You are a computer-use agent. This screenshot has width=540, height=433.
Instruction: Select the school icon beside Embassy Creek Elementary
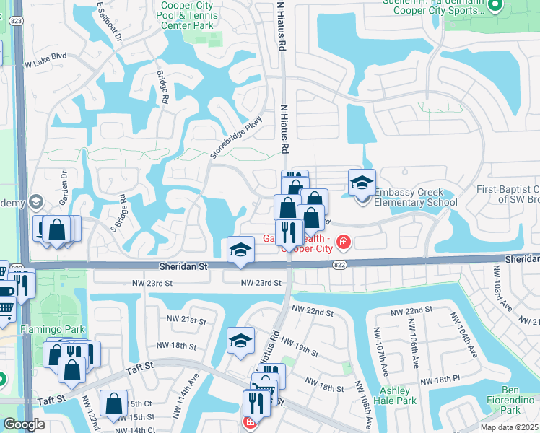click(362, 183)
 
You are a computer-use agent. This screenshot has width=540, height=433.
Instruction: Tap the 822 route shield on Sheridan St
click(339, 266)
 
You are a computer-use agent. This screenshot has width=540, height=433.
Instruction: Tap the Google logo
click(24, 424)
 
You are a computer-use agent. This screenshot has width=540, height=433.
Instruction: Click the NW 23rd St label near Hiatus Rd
click(261, 283)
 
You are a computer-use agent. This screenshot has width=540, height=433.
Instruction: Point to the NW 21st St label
click(186, 320)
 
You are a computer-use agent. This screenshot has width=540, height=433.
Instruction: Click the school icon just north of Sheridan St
click(241, 250)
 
